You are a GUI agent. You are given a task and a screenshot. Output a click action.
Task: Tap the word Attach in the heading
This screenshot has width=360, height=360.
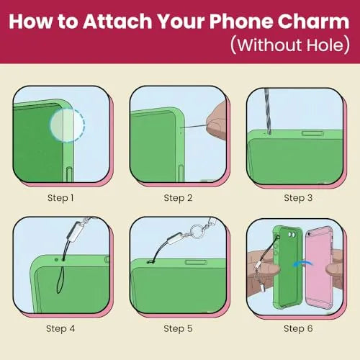[117, 21]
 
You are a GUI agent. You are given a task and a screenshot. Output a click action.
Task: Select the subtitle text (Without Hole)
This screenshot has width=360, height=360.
[289, 45]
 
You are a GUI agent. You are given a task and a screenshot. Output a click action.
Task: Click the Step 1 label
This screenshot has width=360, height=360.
[60, 198]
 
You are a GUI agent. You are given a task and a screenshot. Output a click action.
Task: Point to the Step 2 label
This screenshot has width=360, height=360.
[178, 198]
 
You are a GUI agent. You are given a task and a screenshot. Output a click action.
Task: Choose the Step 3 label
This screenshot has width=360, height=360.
[298, 198]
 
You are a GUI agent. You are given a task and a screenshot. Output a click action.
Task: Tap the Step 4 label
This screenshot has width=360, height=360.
[60, 328]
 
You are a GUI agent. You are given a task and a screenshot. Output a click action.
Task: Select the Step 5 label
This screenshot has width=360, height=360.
[178, 328]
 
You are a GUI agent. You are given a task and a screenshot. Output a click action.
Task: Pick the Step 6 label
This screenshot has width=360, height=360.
[298, 328]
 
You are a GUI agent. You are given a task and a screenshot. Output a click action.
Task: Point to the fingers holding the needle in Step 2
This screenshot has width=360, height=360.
[217, 121]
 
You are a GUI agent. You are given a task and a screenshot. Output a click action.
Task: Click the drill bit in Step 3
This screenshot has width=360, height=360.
[267, 111]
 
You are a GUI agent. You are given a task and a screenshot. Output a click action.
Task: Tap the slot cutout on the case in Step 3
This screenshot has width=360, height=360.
[312, 134]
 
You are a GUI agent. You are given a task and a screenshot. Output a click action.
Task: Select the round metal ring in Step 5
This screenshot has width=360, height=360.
[197, 231]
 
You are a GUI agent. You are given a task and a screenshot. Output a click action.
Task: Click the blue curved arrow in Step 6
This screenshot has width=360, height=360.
[303, 264]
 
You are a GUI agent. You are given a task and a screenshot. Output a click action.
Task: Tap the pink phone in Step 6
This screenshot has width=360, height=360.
[319, 267]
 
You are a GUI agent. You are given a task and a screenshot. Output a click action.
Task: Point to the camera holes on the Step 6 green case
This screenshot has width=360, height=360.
[292, 235]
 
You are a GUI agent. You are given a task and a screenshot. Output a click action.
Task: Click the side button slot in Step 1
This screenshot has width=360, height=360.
[69, 174]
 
